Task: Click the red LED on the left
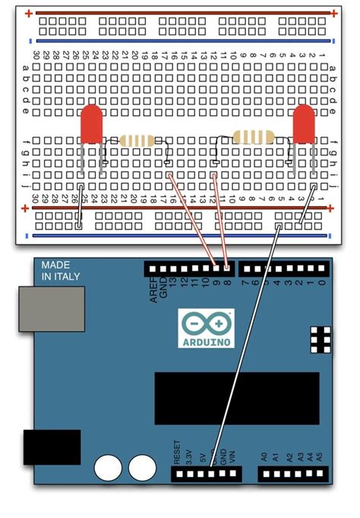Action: (x=92, y=124)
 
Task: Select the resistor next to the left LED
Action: (x=137, y=141)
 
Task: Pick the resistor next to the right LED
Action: (x=254, y=137)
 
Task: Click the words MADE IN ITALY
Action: (x=60, y=270)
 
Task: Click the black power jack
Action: (x=52, y=447)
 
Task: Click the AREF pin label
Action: (x=154, y=290)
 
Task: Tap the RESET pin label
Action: (x=177, y=453)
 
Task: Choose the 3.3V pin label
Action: (x=188, y=455)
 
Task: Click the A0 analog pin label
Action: (x=264, y=458)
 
